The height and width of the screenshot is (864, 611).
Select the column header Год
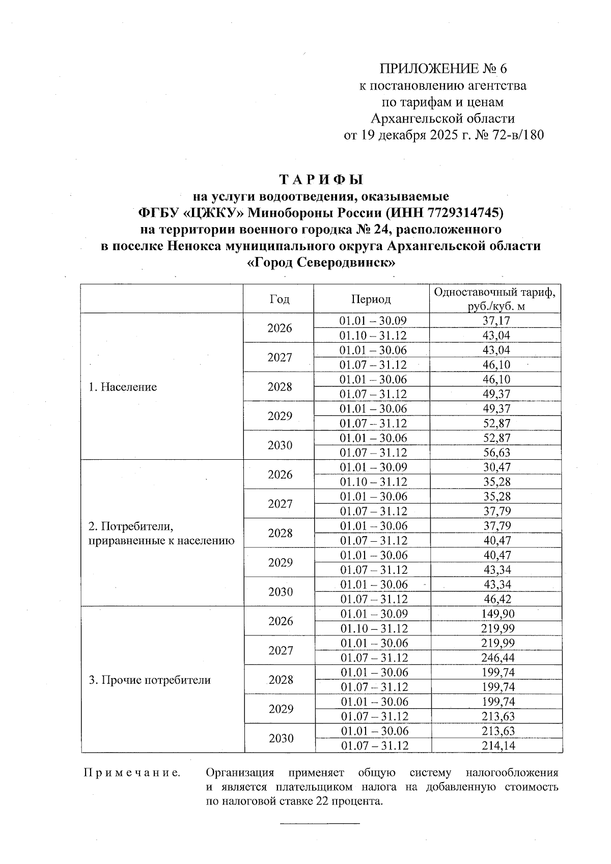point(279,299)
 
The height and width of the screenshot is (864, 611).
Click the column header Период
point(371,299)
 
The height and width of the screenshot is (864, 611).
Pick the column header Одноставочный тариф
point(494,292)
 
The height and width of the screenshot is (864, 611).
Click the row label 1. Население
point(123,387)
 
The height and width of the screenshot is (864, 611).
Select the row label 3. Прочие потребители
point(150,680)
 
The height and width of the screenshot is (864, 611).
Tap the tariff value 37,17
point(496,321)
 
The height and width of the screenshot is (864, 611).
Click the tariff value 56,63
point(496,453)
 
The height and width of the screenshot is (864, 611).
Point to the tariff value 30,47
point(496,467)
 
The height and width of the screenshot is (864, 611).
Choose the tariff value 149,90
point(498,614)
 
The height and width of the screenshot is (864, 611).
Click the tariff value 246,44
point(498,658)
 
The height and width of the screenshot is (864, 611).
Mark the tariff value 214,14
point(498,746)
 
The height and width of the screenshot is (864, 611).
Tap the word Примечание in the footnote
point(132,773)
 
